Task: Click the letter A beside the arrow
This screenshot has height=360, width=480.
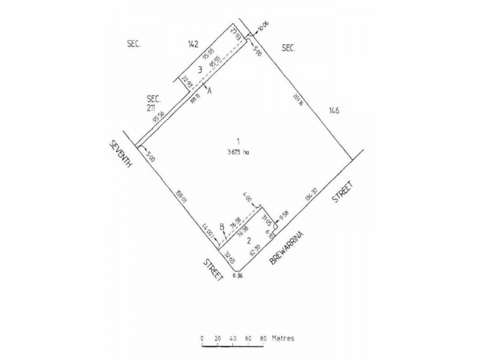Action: point(209,92)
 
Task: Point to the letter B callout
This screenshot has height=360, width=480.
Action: point(221,227)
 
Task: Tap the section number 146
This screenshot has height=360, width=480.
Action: point(334,110)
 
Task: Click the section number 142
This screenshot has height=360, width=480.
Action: point(193,43)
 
